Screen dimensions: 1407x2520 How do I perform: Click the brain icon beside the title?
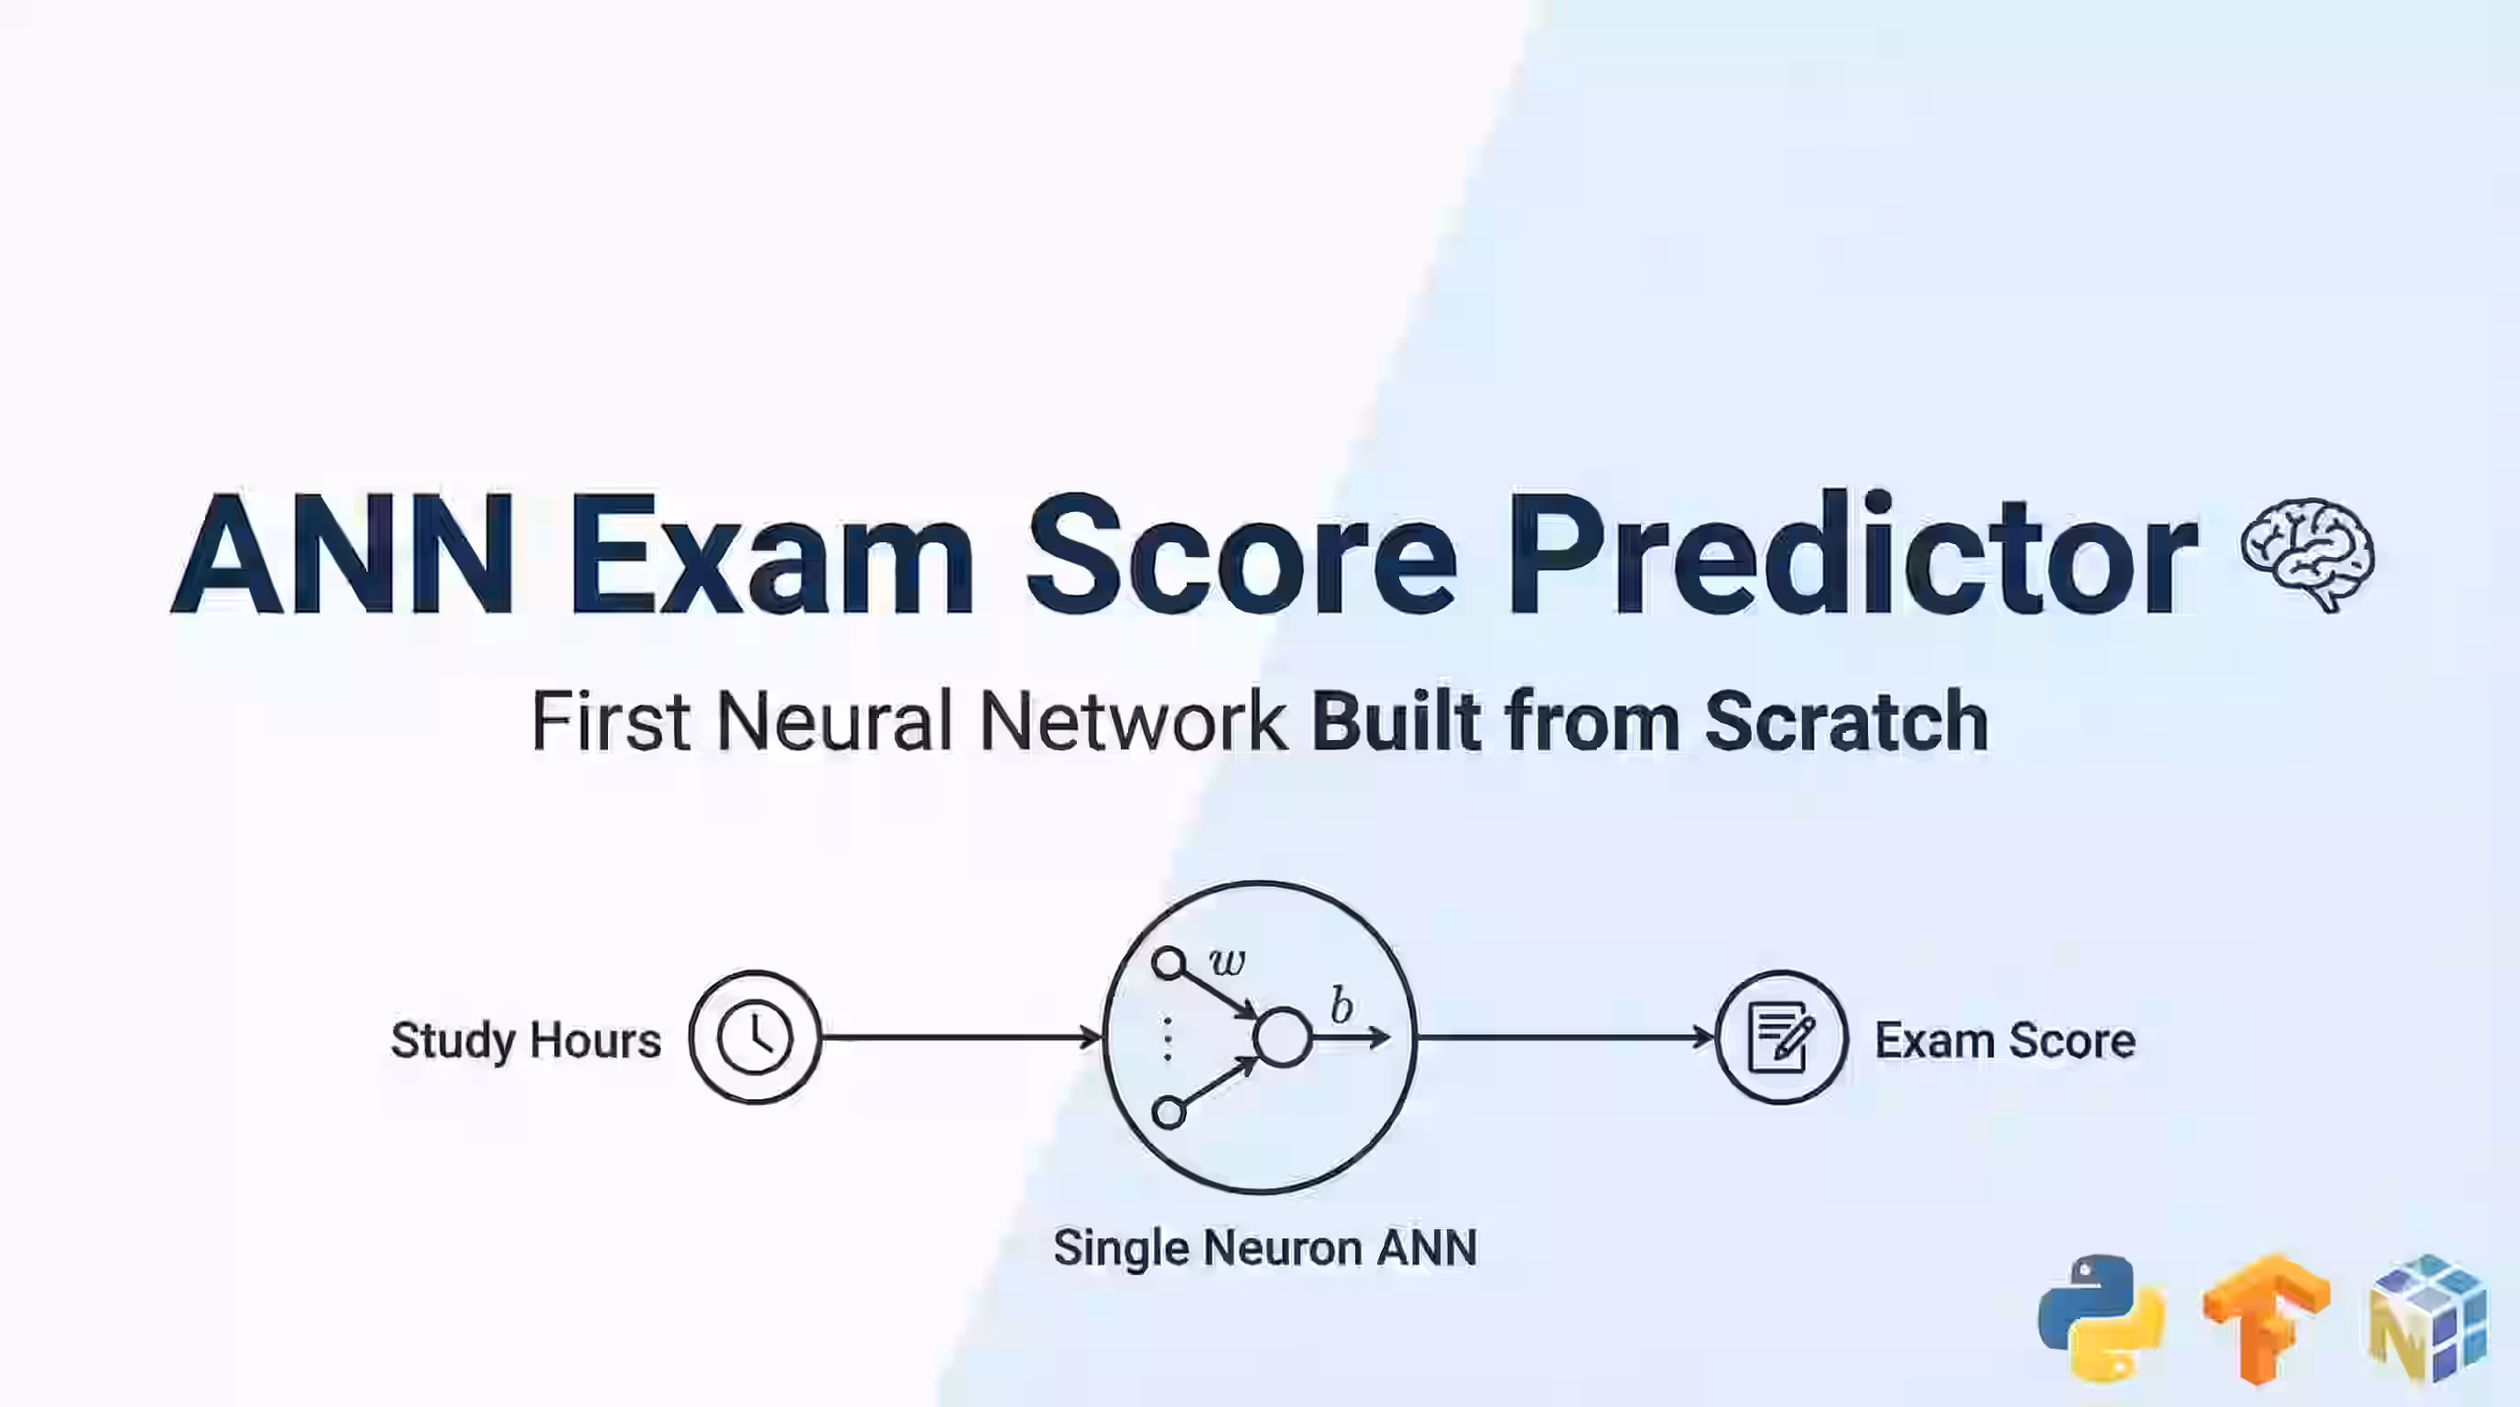pos(2307,555)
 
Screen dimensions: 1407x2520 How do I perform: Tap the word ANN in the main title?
pos(343,556)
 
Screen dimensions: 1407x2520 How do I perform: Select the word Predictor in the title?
pos(1852,556)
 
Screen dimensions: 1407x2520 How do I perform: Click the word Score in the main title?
pos(1242,556)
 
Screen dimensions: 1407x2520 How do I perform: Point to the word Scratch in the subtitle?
pos(1846,721)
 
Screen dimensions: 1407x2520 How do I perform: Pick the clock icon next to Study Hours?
pos(755,1037)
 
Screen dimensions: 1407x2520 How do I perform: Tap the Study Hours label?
pos(527,1039)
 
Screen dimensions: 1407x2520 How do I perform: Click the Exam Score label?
pos(2004,1039)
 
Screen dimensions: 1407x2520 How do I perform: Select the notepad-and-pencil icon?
pos(1781,1037)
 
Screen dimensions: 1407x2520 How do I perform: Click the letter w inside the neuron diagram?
pos(1227,962)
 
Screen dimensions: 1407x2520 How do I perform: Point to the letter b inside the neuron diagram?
pos(1341,1005)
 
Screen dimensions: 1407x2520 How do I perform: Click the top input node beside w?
pos(1168,964)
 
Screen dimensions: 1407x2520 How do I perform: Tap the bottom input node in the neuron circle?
pos(1168,1112)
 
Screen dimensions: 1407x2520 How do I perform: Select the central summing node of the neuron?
pos(1282,1037)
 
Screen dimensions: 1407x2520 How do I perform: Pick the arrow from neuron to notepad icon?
pos(1565,1037)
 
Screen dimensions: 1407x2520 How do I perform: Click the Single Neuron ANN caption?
pos(1265,1248)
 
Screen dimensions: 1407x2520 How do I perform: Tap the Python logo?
pos(2102,1317)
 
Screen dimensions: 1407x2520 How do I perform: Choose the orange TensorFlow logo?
pos(2265,1317)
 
